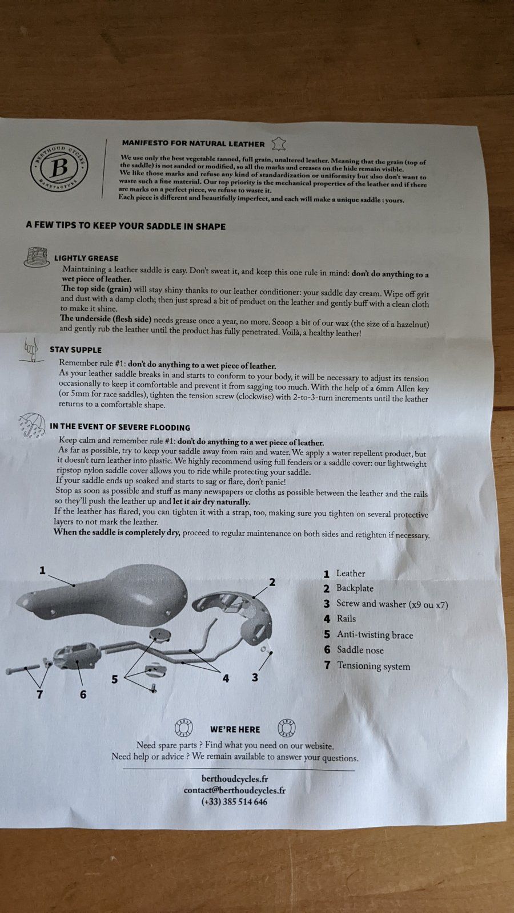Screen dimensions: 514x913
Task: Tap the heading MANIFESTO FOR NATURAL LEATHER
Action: [194, 143]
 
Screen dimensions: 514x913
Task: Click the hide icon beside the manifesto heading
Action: [279, 144]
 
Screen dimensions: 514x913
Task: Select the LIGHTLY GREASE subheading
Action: [86, 258]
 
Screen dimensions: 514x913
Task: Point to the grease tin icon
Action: [37, 257]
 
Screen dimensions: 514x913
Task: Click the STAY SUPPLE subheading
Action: [75, 350]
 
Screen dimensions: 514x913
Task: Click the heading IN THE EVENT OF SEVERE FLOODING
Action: [120, 427]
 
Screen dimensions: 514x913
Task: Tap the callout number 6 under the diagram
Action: [83, 694]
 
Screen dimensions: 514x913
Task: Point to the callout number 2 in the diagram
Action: [272, 582]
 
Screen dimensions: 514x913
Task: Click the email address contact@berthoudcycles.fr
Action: [235, 790]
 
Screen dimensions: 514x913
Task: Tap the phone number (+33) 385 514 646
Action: [235, 802]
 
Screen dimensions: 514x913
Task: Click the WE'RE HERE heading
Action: [235, 730]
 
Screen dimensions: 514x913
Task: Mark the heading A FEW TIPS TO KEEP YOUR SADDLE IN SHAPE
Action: [126, 226]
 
